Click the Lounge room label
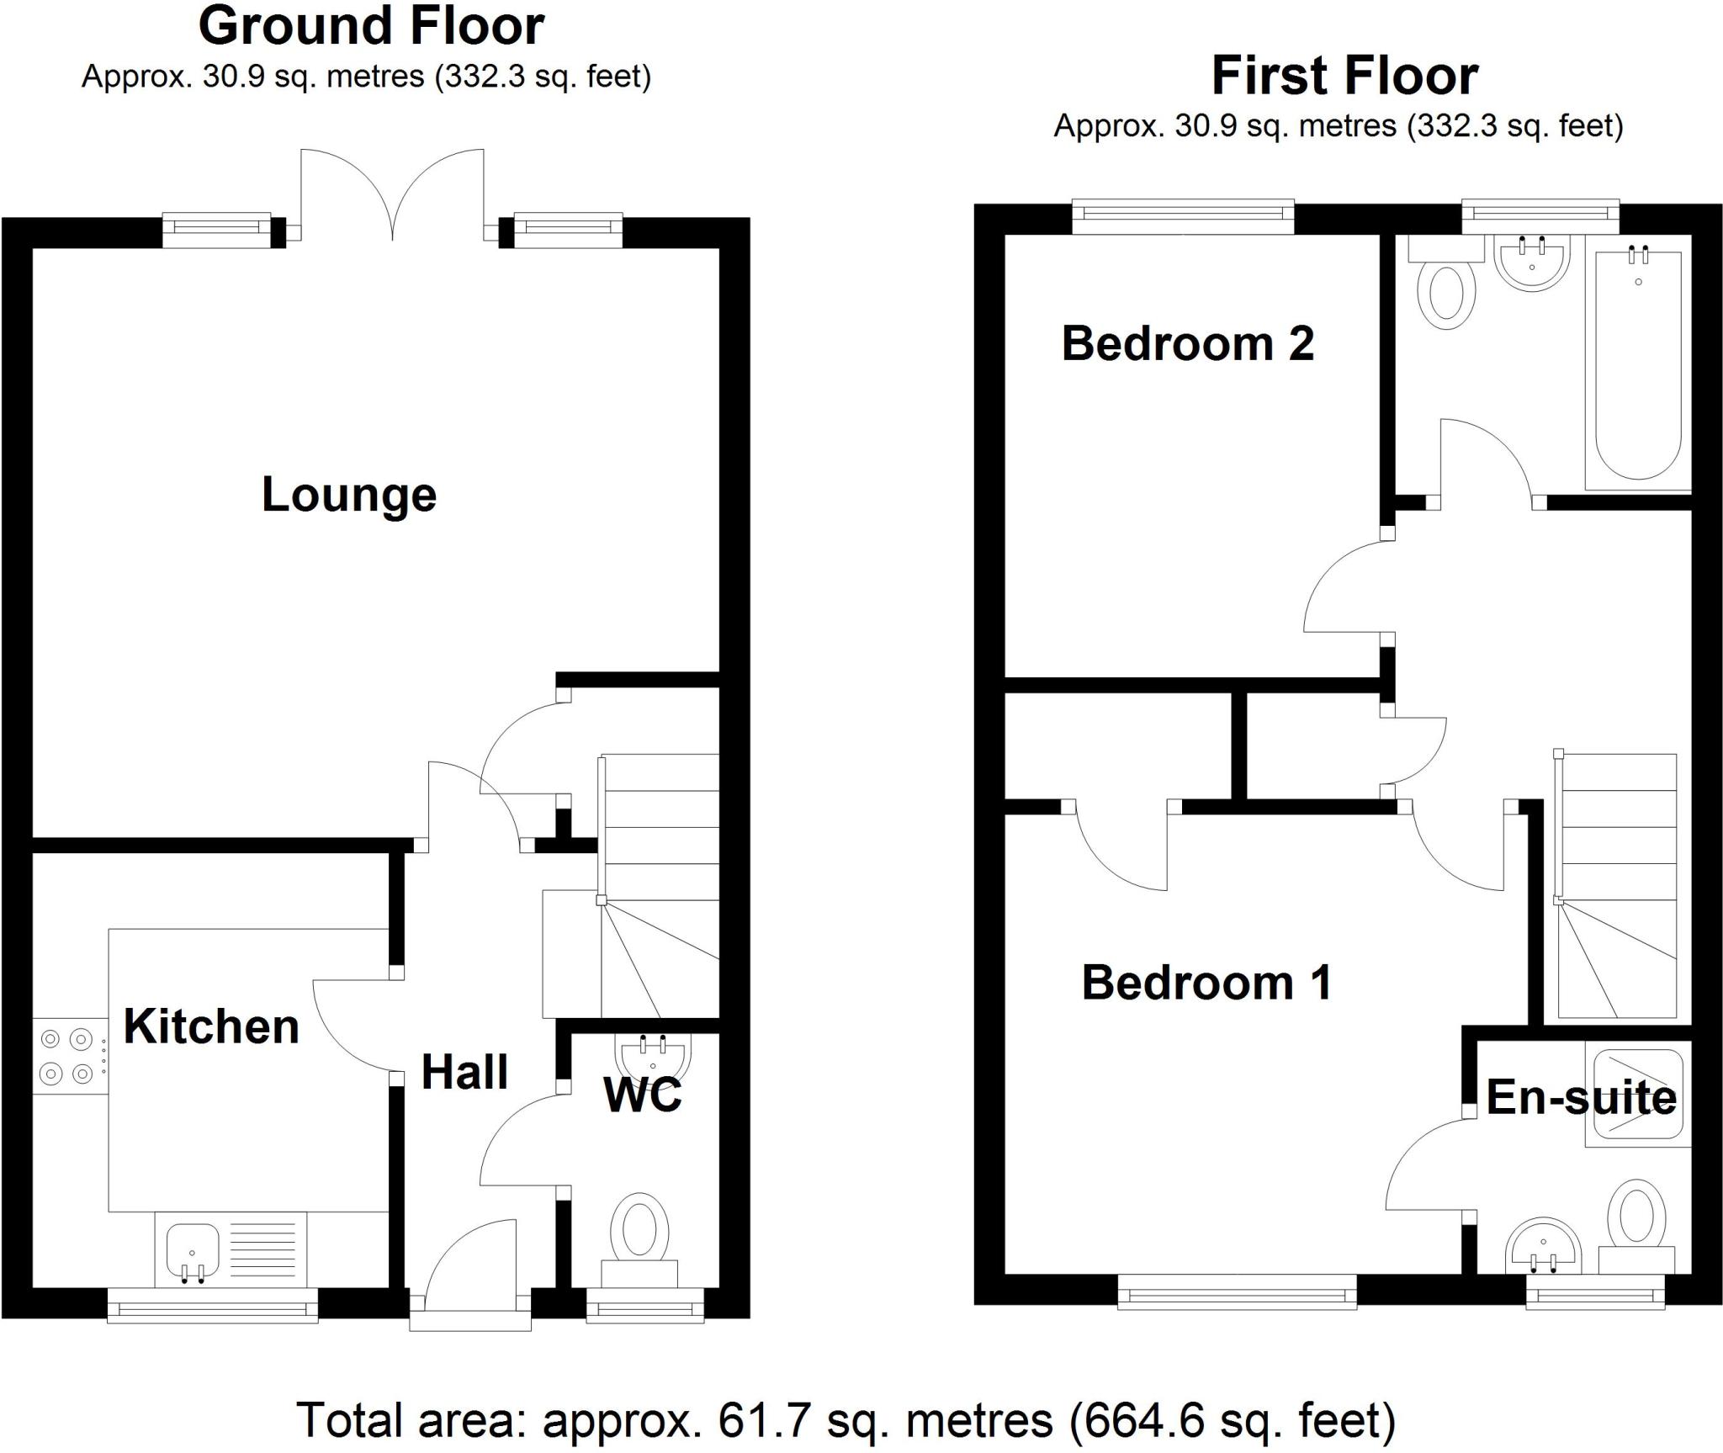coord(349,495)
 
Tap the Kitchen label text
coord(211,1026)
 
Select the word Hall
coord(464,1072)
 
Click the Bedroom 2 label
coord(1187,343)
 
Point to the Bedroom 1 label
coord(1206,983)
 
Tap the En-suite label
coord(1581,1097)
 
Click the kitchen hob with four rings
coord(67,1057)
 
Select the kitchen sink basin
coord(193,1249)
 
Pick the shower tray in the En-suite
coord(1636,1094)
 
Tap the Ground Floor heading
coord(371,27)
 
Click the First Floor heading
coord(1344,77)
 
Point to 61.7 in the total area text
coord(764,1420)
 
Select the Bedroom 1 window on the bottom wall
coord(1237,1291)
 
